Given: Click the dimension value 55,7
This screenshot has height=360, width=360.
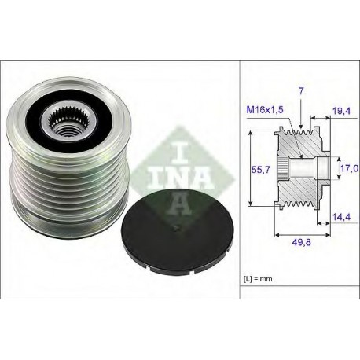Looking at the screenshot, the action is (260, 170).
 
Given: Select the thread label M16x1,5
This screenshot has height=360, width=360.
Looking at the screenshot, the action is (265, 110).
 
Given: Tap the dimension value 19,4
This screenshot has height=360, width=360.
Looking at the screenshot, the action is (341, 111).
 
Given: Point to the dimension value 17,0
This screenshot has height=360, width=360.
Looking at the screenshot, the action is (349, 168).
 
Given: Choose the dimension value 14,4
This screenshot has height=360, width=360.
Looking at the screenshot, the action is (341, 217).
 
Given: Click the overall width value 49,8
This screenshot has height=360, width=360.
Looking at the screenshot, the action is (301, 242).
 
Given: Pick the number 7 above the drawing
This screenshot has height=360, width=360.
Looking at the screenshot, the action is (301, 91).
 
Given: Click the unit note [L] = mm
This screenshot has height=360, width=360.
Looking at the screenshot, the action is (258, 279).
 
